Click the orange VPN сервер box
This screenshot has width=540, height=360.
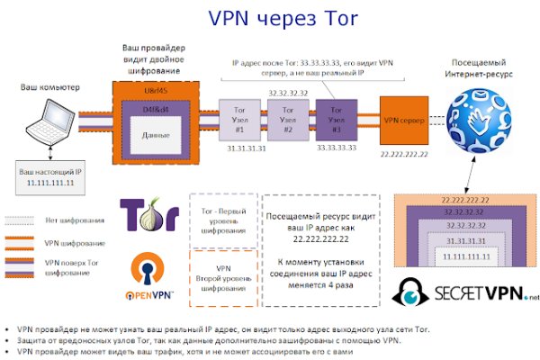404,120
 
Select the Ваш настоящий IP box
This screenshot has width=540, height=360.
46,175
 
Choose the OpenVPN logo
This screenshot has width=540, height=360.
147,274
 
